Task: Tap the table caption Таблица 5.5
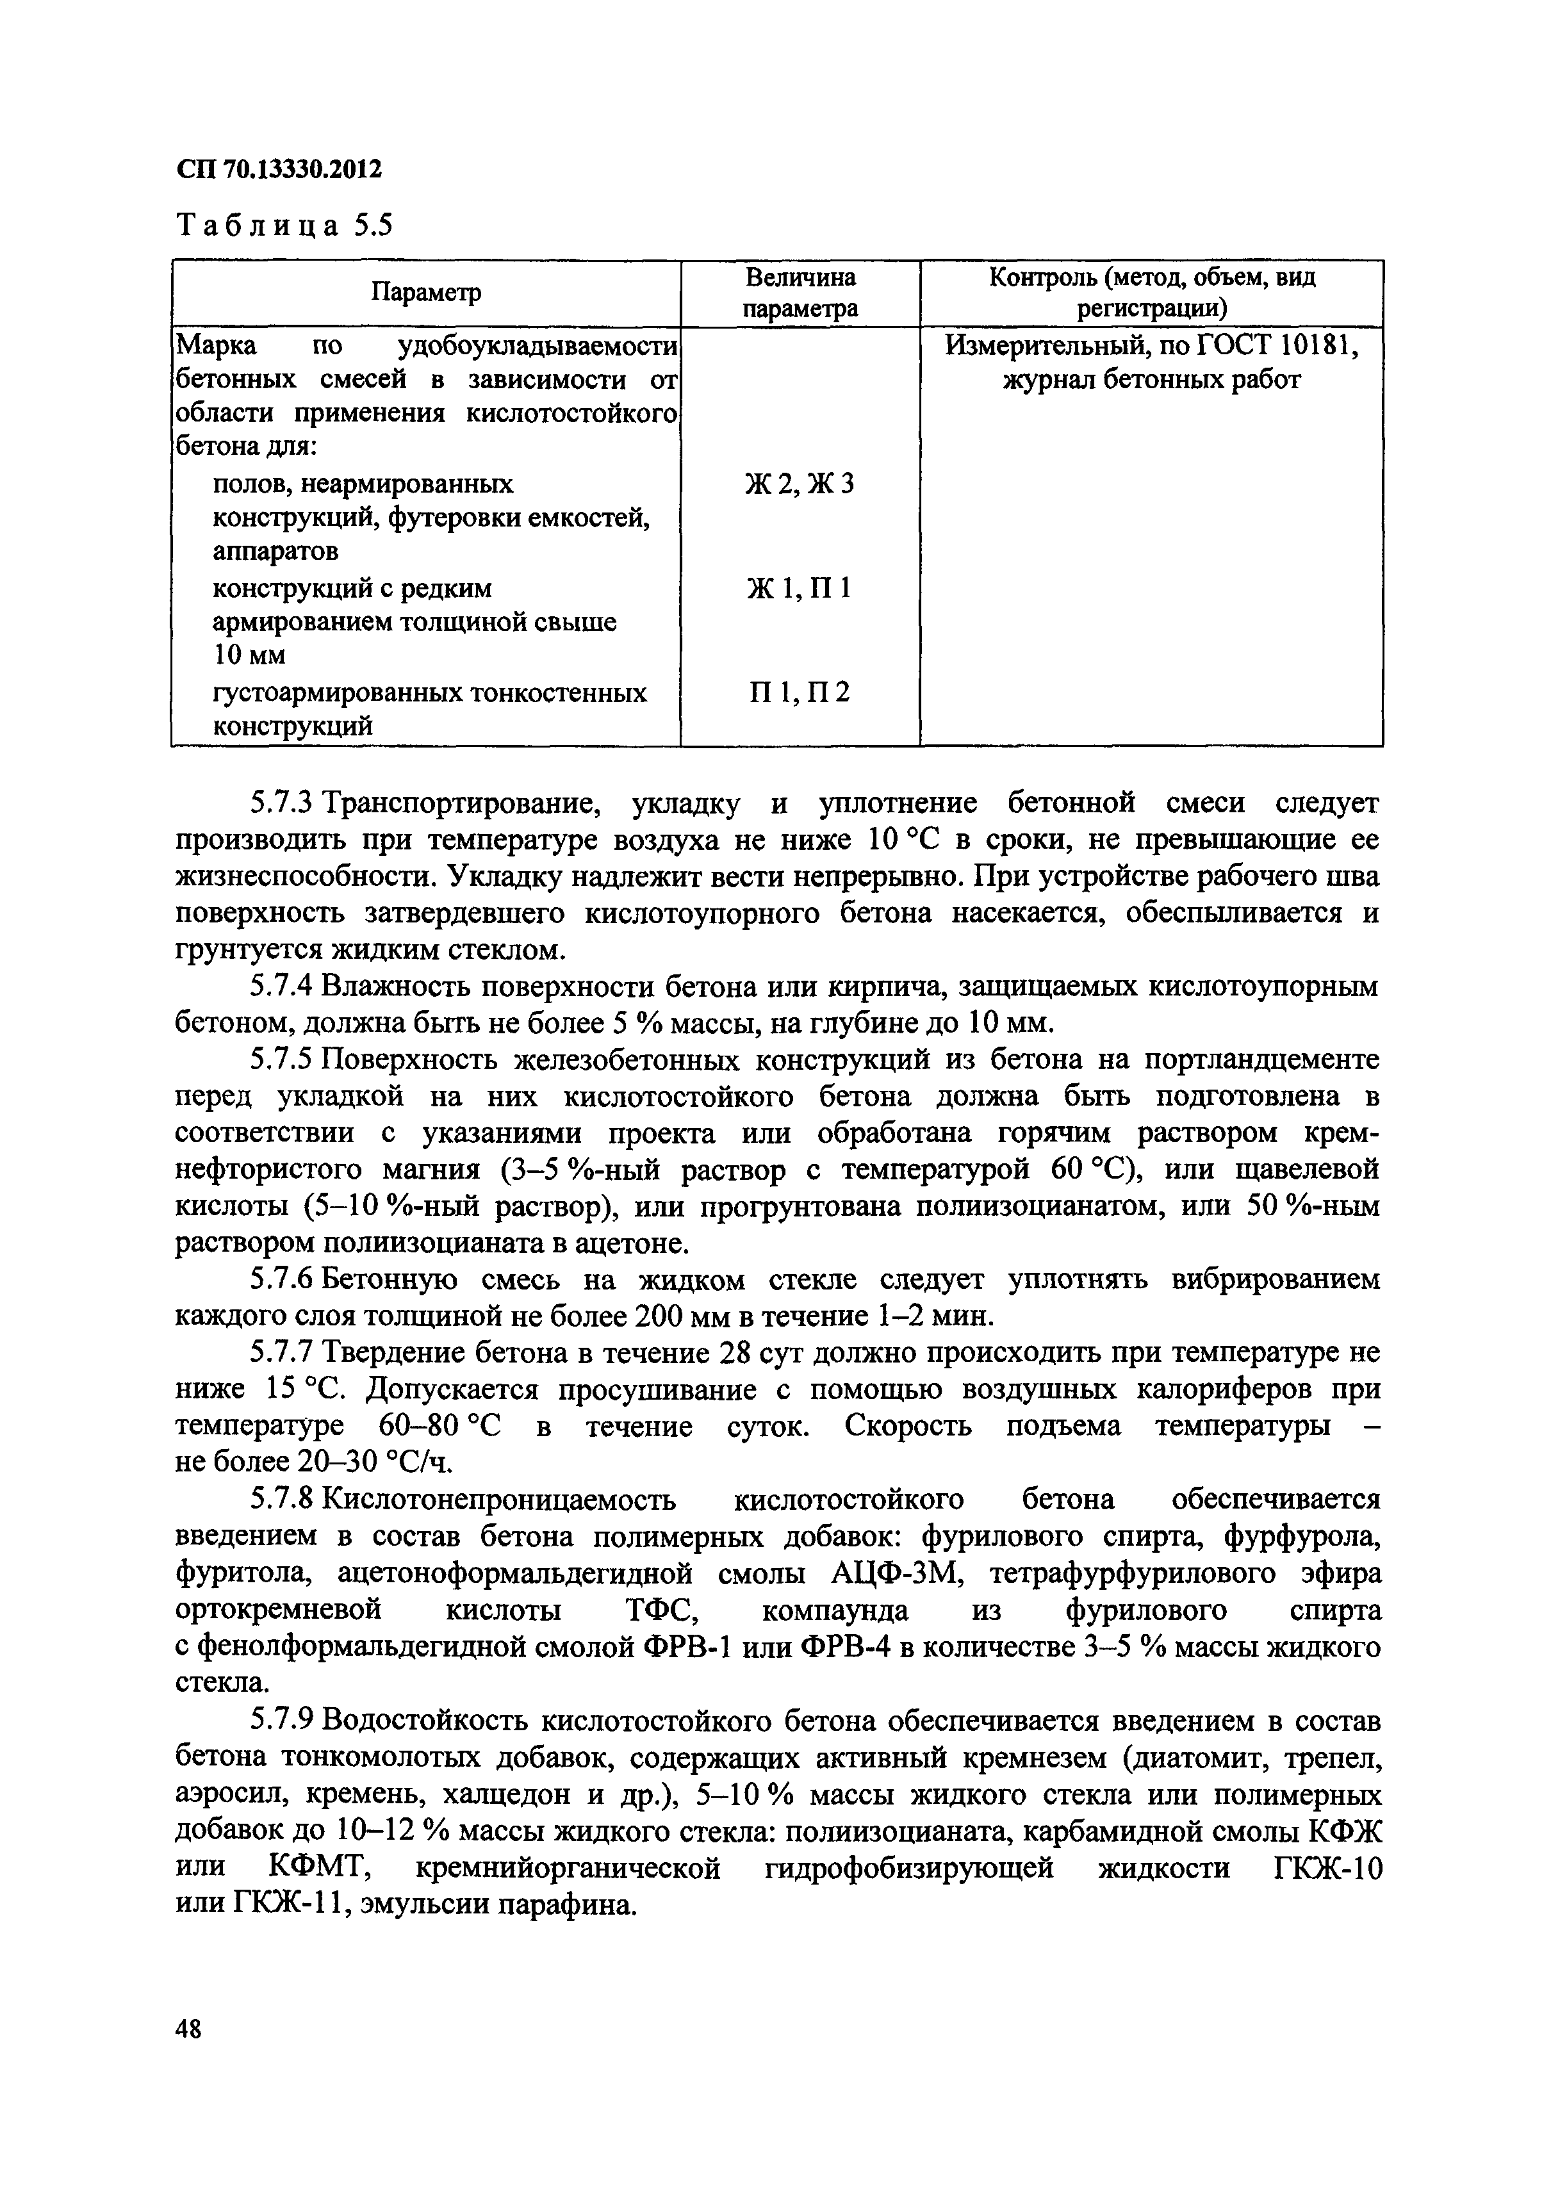click(x=285, y=225)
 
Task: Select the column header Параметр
click(x=425, y=292)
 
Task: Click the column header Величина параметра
click(x=800, y=292)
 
